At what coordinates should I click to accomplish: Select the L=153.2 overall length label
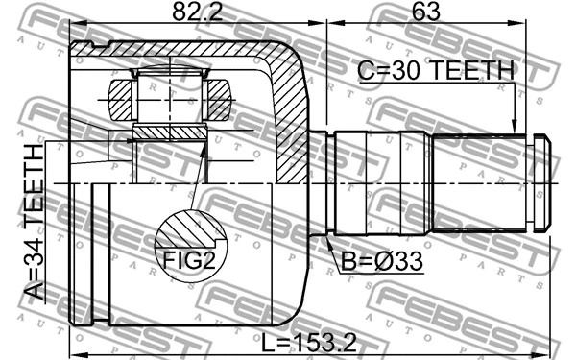[x=309, y=344]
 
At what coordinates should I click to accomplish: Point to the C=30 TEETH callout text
[x=436, y=70]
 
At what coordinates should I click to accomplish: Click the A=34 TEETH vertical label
[x=35, y=222]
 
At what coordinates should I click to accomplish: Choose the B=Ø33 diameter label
[x=382, y=261]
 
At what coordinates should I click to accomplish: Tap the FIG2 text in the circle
[x=189, y=260]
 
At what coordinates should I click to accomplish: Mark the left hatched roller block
[x=120, y=100]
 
